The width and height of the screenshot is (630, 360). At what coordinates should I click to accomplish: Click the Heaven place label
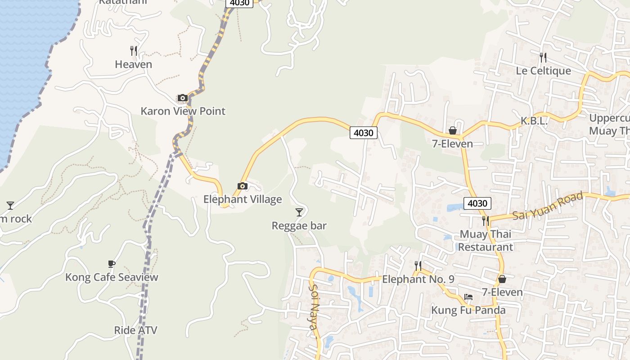tap(133, 64)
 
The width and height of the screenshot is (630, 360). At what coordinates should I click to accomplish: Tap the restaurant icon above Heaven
tap(133, 50)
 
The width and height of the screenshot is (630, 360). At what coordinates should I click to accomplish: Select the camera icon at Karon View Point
tap(182, 98)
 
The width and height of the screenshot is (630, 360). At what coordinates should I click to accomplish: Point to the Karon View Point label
tap(183, 111)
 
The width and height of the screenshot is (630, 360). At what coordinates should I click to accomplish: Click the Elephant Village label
tap(243, 199)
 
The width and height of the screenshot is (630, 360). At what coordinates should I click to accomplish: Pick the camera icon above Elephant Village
tap(242, 186)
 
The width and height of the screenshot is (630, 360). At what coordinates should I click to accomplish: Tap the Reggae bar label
tap(299, 225)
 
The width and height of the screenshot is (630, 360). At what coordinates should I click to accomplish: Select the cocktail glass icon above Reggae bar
tap(299, 212)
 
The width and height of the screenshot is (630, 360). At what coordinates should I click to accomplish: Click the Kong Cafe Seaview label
tap(112, 277)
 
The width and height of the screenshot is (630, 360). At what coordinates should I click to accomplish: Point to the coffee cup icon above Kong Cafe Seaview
tap(111, 264)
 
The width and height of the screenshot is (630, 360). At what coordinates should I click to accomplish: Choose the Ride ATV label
tap(135, 330)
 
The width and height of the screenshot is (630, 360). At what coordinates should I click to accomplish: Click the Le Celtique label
tap(543, 71)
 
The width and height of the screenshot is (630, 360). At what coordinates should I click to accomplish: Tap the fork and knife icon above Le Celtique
tap(543, 57)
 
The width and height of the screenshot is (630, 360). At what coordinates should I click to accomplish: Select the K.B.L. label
tap(534, 121)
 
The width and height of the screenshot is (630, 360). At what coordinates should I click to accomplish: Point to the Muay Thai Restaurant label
tap(486, 240)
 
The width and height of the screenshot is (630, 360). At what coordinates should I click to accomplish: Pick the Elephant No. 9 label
tap(418, 279)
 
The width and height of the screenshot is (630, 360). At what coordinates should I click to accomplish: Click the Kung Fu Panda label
tap(468, 310)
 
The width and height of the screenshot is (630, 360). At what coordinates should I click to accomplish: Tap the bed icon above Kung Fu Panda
tap(468, 297)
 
